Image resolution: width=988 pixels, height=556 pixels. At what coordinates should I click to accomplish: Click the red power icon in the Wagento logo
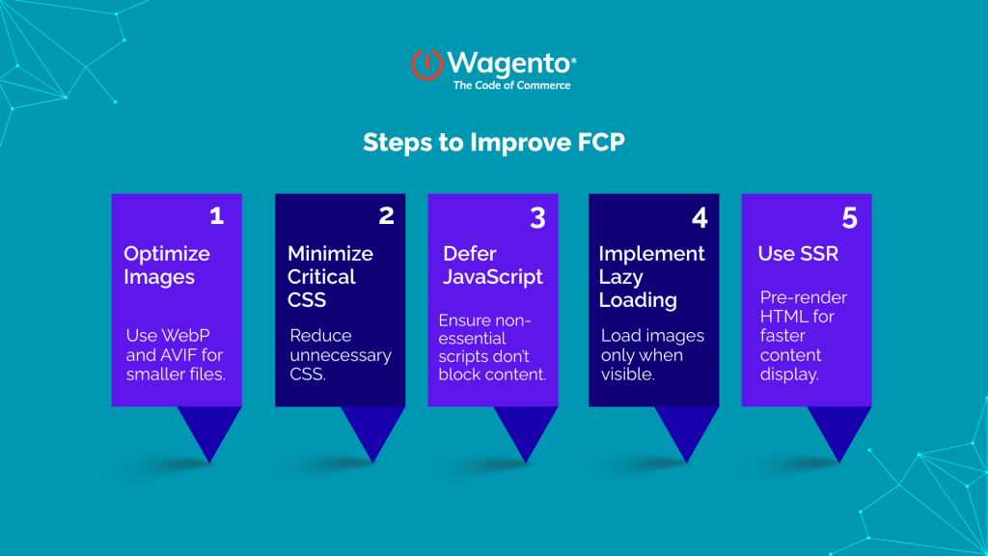[426, 64]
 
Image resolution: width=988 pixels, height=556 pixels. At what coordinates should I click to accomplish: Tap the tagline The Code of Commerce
[511, 85]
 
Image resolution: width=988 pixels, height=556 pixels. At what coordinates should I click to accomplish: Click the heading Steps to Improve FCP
[494, 143]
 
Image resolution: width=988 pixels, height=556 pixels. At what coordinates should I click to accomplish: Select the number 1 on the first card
[216, 215]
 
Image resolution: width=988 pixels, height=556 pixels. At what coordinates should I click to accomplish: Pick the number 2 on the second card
[386, 215]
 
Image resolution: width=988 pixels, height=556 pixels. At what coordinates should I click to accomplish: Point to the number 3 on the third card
[537, 217]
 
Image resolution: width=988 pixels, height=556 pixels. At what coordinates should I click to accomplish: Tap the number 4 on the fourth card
[700, 217]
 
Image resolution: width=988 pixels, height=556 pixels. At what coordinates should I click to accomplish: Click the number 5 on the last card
[849, 218]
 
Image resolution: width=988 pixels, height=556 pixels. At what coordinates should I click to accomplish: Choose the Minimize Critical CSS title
[330, 276]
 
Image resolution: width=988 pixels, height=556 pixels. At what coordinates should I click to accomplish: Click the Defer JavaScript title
[493, 265]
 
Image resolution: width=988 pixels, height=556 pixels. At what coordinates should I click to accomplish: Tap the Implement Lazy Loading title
[651, 276]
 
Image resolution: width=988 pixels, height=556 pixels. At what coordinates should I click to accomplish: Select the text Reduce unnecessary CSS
[341, 354]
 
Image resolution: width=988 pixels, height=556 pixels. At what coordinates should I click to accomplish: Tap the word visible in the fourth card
[628, 374]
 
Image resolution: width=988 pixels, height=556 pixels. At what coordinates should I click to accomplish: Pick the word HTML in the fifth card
[781, 317]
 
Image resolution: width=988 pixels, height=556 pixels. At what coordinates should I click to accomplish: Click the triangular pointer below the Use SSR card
[838, 431]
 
